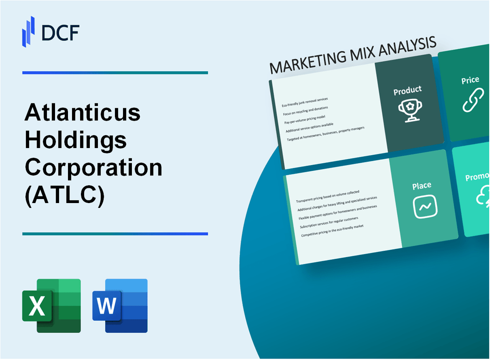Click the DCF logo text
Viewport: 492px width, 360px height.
(x=61, y=33)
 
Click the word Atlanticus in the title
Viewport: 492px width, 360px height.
(x=83, y=113)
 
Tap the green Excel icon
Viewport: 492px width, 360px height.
(x=51, y=306)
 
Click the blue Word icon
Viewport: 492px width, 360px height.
(x=120, y=306)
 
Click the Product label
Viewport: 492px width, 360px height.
(x=407, y=91)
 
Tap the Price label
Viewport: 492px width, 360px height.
(x=470, y=80)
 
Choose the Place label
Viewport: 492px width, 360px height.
(x=422, y=185)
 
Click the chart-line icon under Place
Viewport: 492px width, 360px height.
(x=425, y=207)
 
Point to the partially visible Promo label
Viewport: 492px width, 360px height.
(x=477, y=178)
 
